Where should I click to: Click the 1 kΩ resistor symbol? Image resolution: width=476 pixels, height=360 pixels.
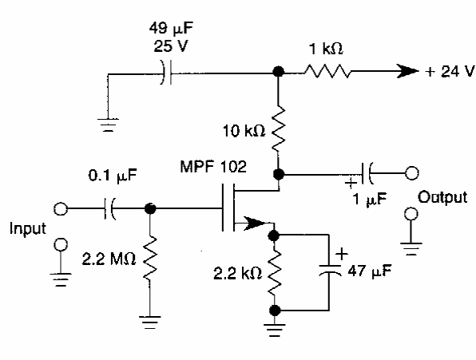[x=328, y=71]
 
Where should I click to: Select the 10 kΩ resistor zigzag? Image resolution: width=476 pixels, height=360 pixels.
[x=279, y=129]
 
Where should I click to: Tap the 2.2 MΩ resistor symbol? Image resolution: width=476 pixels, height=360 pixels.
[x=149, y=258]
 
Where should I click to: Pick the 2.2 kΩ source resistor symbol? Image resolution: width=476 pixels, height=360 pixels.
[x=275, y=273]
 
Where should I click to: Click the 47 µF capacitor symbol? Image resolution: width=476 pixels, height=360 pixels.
[x=330, y=270]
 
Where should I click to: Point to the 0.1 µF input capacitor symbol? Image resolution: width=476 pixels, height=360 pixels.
[x=109, y=208]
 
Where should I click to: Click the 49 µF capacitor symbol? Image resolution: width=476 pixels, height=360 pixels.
[x=166, y=72]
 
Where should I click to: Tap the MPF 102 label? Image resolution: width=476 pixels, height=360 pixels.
[x=213, y=167]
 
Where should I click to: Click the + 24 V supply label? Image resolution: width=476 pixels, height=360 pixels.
[x=450, y=72]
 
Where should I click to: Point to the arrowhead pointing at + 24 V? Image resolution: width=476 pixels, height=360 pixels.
[x=407, y=71]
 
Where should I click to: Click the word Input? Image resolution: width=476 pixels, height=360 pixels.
[x=28, y=228]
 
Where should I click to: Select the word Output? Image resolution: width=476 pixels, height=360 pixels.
[x=442, y=197]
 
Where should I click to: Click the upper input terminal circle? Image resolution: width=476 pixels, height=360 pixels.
[x=61, y=208]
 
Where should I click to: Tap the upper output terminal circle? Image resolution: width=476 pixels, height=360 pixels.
[x=411, y=173]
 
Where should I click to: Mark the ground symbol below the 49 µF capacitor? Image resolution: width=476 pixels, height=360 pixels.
[x=108, y=125]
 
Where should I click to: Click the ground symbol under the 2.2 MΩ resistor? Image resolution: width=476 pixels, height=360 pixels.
[x=149, y=322]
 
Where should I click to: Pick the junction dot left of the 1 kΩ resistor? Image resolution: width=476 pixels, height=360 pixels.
[x=278, y=72]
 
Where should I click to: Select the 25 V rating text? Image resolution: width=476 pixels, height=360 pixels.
[x=171, y=47]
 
